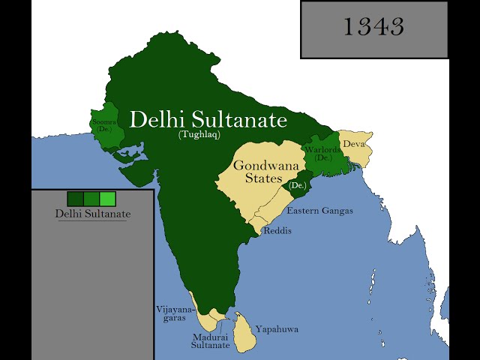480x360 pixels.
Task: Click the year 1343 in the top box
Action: tap(373, 27)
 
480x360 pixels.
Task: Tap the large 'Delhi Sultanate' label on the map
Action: tap(208, 120)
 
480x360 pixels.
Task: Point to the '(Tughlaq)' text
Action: tap(199, 135)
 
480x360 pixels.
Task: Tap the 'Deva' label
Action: tap(354, 144)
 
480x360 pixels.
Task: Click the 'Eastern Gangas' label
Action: tap(319, 211)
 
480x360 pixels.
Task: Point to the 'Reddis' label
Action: tap(277, 231)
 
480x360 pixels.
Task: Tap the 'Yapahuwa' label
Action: tap(277, 328)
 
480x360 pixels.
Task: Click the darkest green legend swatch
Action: tap(75, 199)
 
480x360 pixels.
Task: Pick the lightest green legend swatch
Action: tap(107, 199)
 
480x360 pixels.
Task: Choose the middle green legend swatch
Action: tap(91, 199)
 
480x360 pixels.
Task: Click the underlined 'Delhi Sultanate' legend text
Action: tap(93, 214)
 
